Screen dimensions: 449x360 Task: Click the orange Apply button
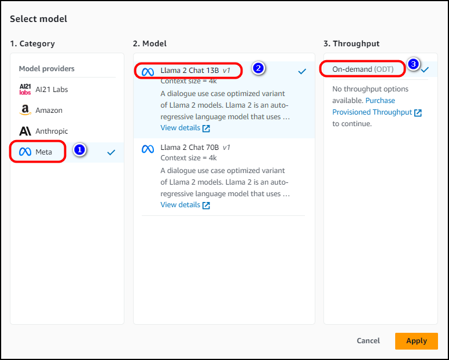point(417,341)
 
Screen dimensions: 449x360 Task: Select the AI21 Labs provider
point(43,89)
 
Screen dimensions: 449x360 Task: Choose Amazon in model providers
point(41,111)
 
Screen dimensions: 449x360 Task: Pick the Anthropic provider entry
point(43,131)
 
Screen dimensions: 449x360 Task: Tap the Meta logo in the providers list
point(25,152)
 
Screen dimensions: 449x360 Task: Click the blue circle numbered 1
point(80,149)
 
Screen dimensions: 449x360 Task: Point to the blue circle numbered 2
point(258,68)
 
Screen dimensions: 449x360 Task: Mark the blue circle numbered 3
point(413,64)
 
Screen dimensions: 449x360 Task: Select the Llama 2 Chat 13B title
point(196,71)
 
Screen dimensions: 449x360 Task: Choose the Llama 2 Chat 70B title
point(196,148)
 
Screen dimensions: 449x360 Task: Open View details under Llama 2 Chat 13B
point(185,128)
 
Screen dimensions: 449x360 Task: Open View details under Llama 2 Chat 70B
point(185,205)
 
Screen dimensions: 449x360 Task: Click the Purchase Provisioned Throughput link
point(377,106)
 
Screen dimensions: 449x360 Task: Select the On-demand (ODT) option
point(363,69)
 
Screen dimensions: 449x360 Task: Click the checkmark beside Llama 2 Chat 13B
point(302,71)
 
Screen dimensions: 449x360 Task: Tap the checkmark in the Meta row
point(111,152)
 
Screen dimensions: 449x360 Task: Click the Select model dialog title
point(38,19)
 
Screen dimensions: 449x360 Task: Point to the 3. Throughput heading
point(351,43)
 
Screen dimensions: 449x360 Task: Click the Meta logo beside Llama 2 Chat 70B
point(148,149)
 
